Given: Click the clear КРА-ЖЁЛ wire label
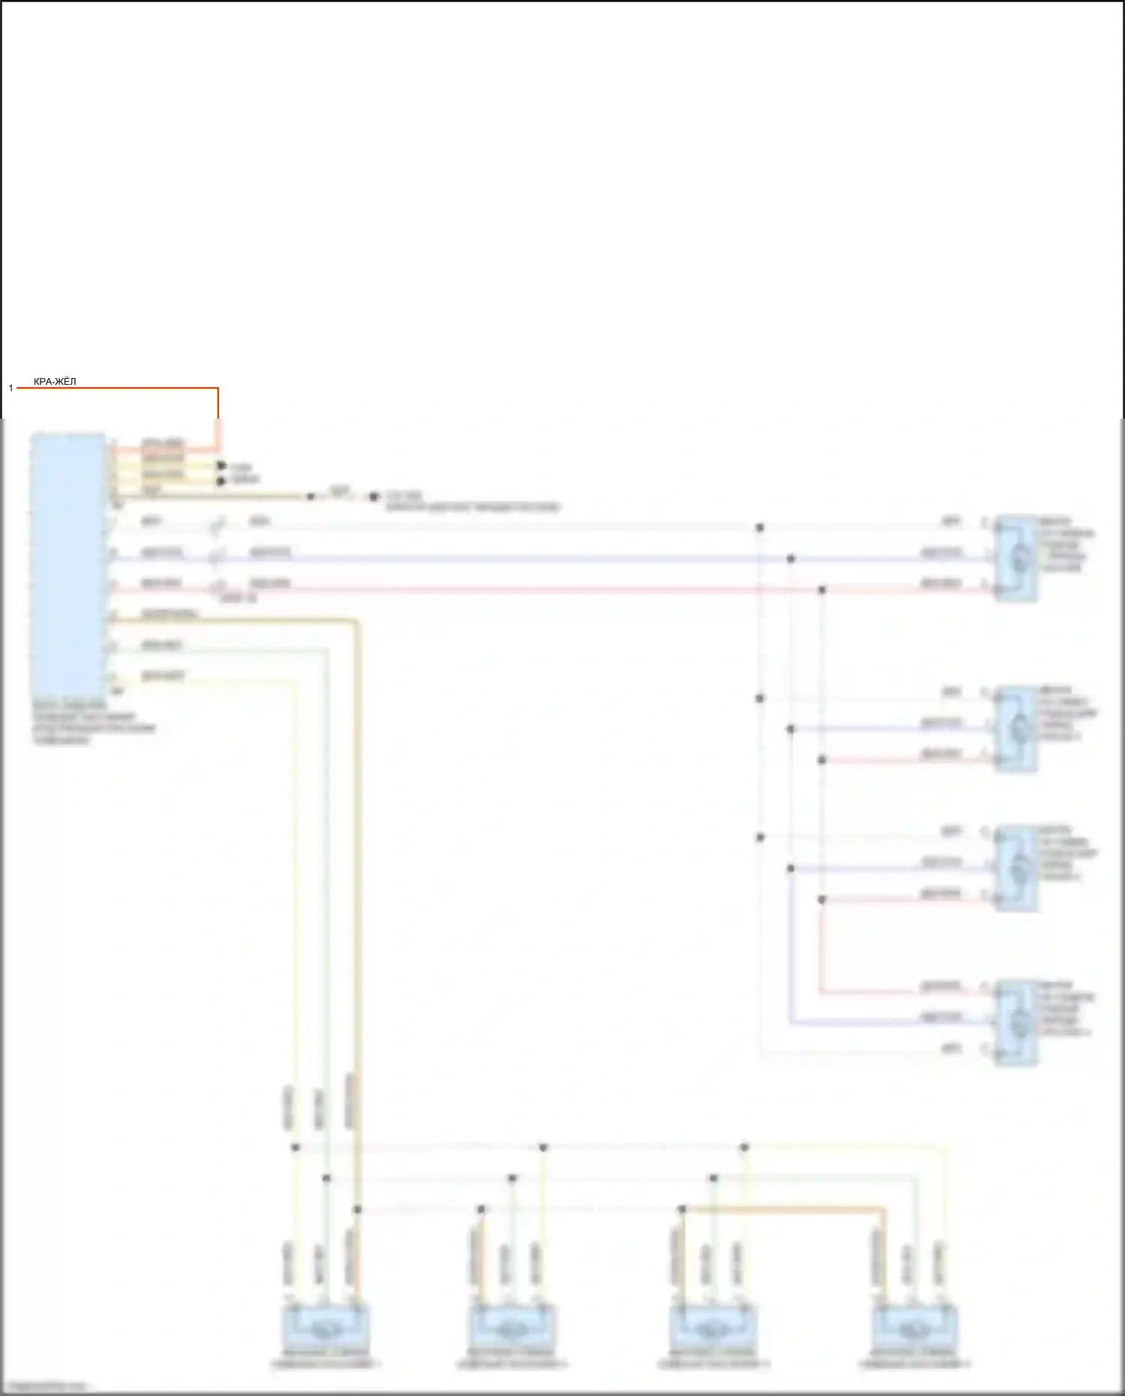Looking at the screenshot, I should (55, 383).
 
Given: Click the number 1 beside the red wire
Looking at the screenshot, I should (11, 388).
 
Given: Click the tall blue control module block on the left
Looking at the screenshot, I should (67, 564).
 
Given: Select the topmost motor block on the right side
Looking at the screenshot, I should (1016, 558).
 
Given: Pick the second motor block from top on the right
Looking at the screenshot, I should (1016, 728).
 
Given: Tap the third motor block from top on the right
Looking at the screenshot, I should (1016, 868).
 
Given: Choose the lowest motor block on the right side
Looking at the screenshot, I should (1016, 1022).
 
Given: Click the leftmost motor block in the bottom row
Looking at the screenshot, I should (325, 1328).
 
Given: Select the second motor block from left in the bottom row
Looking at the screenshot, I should (512, 1328).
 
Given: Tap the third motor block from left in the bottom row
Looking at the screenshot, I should (712, 1328).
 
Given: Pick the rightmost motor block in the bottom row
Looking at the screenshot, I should (915, 1328).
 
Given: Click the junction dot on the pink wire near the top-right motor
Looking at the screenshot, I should (821, 590).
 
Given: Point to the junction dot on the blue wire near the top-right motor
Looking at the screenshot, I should (790, 559).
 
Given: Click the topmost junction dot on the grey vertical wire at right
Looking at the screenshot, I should (759, 528).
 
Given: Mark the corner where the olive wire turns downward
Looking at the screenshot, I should (357, 621).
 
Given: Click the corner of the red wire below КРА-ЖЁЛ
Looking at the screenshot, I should (217, 389).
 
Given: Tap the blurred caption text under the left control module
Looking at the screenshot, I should (94, 723).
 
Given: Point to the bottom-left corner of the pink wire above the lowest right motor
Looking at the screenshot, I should (821, 992).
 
